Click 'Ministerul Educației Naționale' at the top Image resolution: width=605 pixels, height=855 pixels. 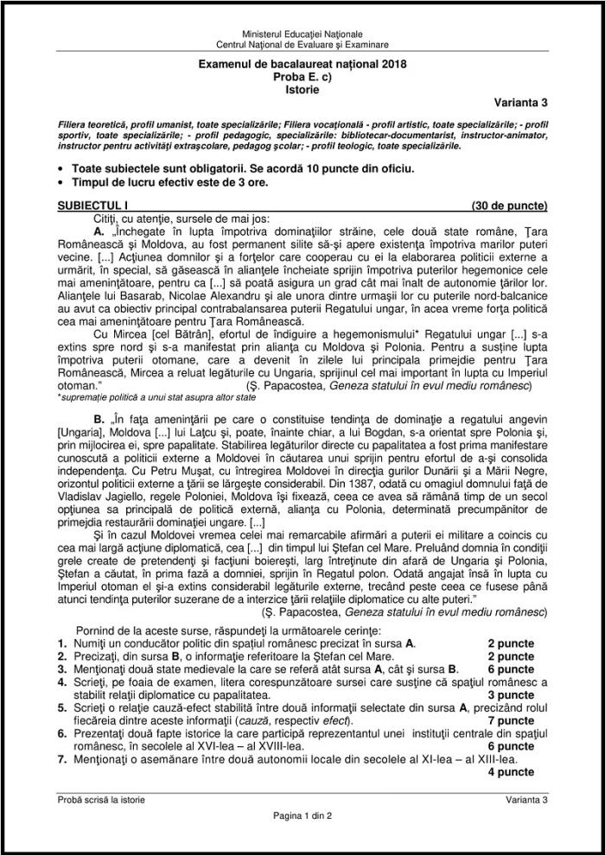(302, 33)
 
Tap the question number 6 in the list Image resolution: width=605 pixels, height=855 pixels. (61, 733)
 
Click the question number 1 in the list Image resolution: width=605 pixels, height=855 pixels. (61, 643)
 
